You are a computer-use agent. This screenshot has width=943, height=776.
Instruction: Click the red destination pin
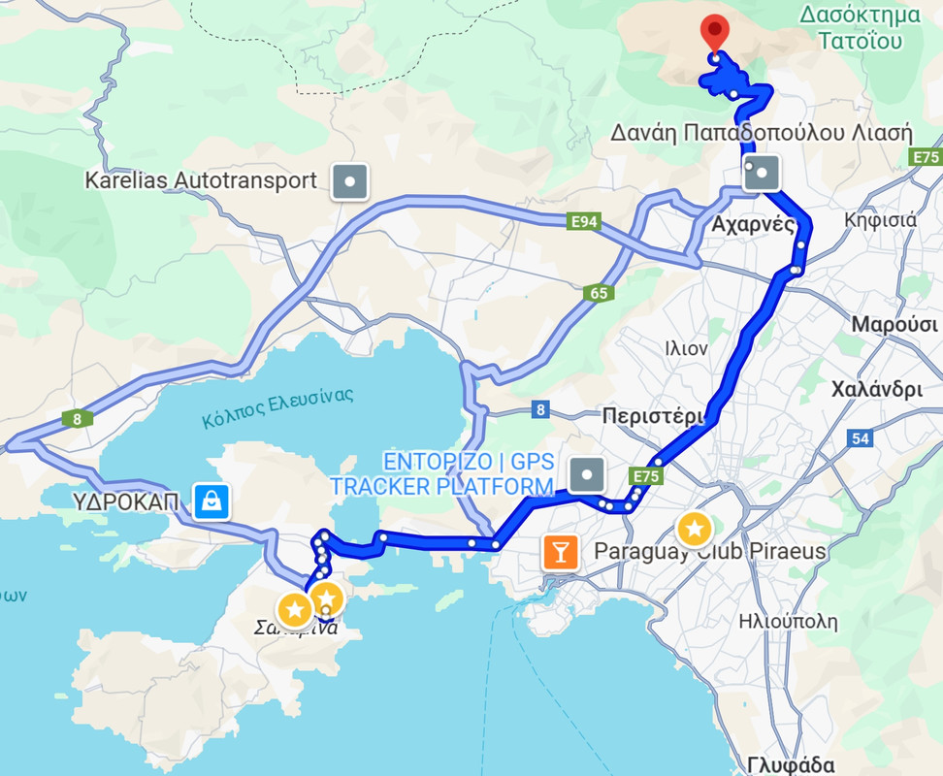tap(715, 33)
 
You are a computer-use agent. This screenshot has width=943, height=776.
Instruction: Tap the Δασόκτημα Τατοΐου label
tap(860, 27)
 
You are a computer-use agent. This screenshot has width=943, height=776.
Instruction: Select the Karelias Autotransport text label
tap(201, 180)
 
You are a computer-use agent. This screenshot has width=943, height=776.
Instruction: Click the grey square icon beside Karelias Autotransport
tap(349, 180)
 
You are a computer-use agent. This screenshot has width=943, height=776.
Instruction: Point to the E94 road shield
tap(583, 222)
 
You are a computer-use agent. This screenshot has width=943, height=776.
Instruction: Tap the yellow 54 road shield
tap(860, 438)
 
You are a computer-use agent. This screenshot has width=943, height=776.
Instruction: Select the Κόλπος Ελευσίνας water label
tap(278, 407)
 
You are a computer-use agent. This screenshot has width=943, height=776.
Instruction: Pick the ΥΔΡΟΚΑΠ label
tap(126, 501)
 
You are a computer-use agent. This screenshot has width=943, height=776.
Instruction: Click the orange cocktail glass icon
tap(561, 552)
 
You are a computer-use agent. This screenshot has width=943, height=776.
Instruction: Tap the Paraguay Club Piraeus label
tap(709, 552)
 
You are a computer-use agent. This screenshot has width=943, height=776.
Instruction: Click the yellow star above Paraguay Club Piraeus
tap(694, 529)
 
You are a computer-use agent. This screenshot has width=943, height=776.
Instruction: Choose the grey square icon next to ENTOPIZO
tap(587, 475)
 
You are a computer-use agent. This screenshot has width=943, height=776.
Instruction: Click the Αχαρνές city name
tap(754, 225)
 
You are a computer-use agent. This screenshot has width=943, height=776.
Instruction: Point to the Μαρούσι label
tap(894, 324)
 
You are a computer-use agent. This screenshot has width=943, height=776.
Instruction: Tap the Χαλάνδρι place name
tap(876, 391)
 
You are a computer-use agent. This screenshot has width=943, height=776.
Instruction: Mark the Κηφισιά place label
tap(880, 219)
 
